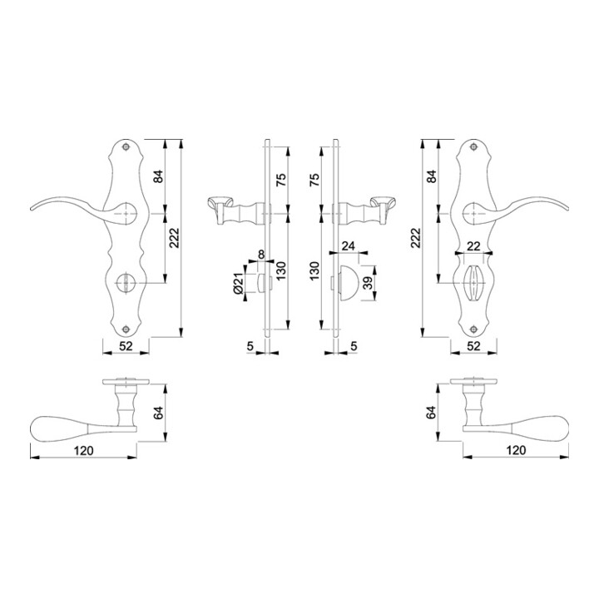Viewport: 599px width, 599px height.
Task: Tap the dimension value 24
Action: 348,247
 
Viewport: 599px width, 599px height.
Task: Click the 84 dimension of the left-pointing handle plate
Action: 159,176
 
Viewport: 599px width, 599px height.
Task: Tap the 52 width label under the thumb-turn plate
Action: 473,345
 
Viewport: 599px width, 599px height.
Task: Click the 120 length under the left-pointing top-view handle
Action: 82,450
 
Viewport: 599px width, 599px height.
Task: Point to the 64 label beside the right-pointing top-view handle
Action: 432,412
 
